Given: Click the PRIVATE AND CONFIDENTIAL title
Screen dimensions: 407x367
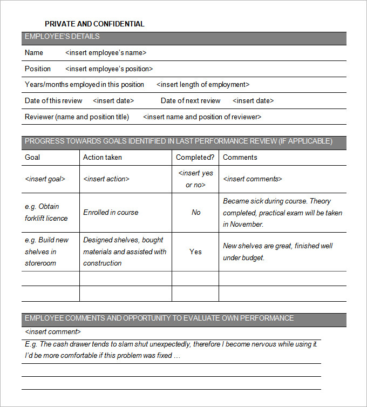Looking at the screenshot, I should (94, 24).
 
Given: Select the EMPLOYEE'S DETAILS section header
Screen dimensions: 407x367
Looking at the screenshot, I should (62, 37).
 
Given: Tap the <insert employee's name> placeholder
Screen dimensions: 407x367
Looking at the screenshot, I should (106, 53).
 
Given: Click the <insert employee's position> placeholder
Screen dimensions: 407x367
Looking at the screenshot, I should (109, 69).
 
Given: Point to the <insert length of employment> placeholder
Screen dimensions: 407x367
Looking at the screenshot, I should (203, 85).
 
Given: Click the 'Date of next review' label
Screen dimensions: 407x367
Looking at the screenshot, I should (191, 101).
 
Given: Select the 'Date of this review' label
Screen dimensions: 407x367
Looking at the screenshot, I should (53, 101).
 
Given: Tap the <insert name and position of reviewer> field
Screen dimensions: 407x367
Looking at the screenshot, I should (202, 117).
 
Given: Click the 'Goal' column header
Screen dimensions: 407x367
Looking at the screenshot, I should (32, 158).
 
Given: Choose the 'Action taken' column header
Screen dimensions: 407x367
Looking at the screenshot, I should (103, 158).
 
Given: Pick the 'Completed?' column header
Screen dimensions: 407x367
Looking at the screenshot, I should (195, 158).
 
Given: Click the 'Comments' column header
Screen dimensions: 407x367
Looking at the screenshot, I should (240, 158).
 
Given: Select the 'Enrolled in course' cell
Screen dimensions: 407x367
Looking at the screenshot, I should (111, 213).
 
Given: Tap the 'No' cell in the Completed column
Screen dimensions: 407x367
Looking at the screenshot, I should (196, 213).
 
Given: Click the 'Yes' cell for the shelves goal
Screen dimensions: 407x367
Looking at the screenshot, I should (196, 252).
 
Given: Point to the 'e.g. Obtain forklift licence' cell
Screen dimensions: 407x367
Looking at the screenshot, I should (46, 213).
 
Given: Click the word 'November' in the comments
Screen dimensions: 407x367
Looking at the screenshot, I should (246, 225).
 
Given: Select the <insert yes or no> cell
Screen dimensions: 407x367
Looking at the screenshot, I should (195, 179).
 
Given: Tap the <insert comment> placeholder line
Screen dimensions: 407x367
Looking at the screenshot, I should (53, 332).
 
